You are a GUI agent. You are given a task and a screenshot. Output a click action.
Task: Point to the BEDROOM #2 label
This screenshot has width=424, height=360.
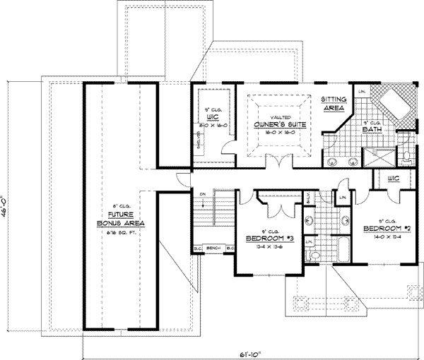pyautogui.click(x=387, y=229)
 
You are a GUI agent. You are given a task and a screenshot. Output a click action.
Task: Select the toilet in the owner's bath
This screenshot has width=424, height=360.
pyautogui.click(x=411, y=155)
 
